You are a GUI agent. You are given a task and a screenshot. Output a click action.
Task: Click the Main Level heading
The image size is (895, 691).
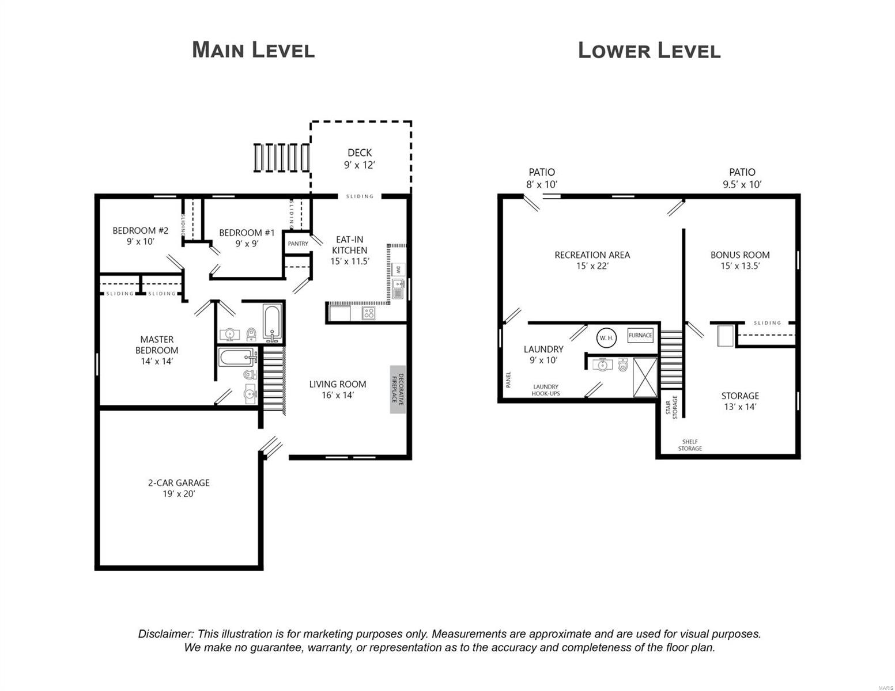(253, 50)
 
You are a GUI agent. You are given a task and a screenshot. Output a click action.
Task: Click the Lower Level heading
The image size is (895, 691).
(649, 51)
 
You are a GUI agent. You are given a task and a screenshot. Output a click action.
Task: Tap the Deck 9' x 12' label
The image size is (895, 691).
(360, 159)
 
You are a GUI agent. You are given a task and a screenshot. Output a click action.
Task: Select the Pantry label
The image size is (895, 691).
(298, 244)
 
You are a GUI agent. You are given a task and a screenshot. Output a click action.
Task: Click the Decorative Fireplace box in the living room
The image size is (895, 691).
(398, 389)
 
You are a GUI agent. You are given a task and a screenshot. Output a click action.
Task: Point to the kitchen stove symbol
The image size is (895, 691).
(368, 313)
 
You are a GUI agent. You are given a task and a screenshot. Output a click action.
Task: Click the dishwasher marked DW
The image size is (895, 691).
(398, 269)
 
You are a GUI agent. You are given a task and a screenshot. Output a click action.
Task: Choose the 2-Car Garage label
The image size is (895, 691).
(179, 488)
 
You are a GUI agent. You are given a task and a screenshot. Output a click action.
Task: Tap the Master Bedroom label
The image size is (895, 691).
(157, 350)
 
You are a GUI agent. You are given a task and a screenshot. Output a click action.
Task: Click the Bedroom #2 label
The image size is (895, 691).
(140, 236)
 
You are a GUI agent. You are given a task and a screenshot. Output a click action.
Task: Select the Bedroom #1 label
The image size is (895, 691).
(247, 238)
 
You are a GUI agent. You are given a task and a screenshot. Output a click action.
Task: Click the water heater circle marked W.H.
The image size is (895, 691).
(606, 337)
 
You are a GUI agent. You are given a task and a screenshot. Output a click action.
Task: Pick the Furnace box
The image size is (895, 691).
(640, 335)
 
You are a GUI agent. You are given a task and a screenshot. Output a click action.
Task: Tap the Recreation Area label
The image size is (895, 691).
(592, 260)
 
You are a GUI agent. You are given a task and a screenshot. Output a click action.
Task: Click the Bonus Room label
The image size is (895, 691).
(740, 260)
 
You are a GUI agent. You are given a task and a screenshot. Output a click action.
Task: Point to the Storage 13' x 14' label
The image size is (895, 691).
(740, 401)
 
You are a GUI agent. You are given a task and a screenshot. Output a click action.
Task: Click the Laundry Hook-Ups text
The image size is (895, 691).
(545, 390)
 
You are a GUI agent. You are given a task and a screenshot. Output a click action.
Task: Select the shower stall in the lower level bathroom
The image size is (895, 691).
(645, 377)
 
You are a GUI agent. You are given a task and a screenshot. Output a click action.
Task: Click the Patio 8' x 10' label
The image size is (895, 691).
(542, 178)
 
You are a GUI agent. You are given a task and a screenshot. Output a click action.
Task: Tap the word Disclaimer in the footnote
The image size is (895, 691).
(165, 634)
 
